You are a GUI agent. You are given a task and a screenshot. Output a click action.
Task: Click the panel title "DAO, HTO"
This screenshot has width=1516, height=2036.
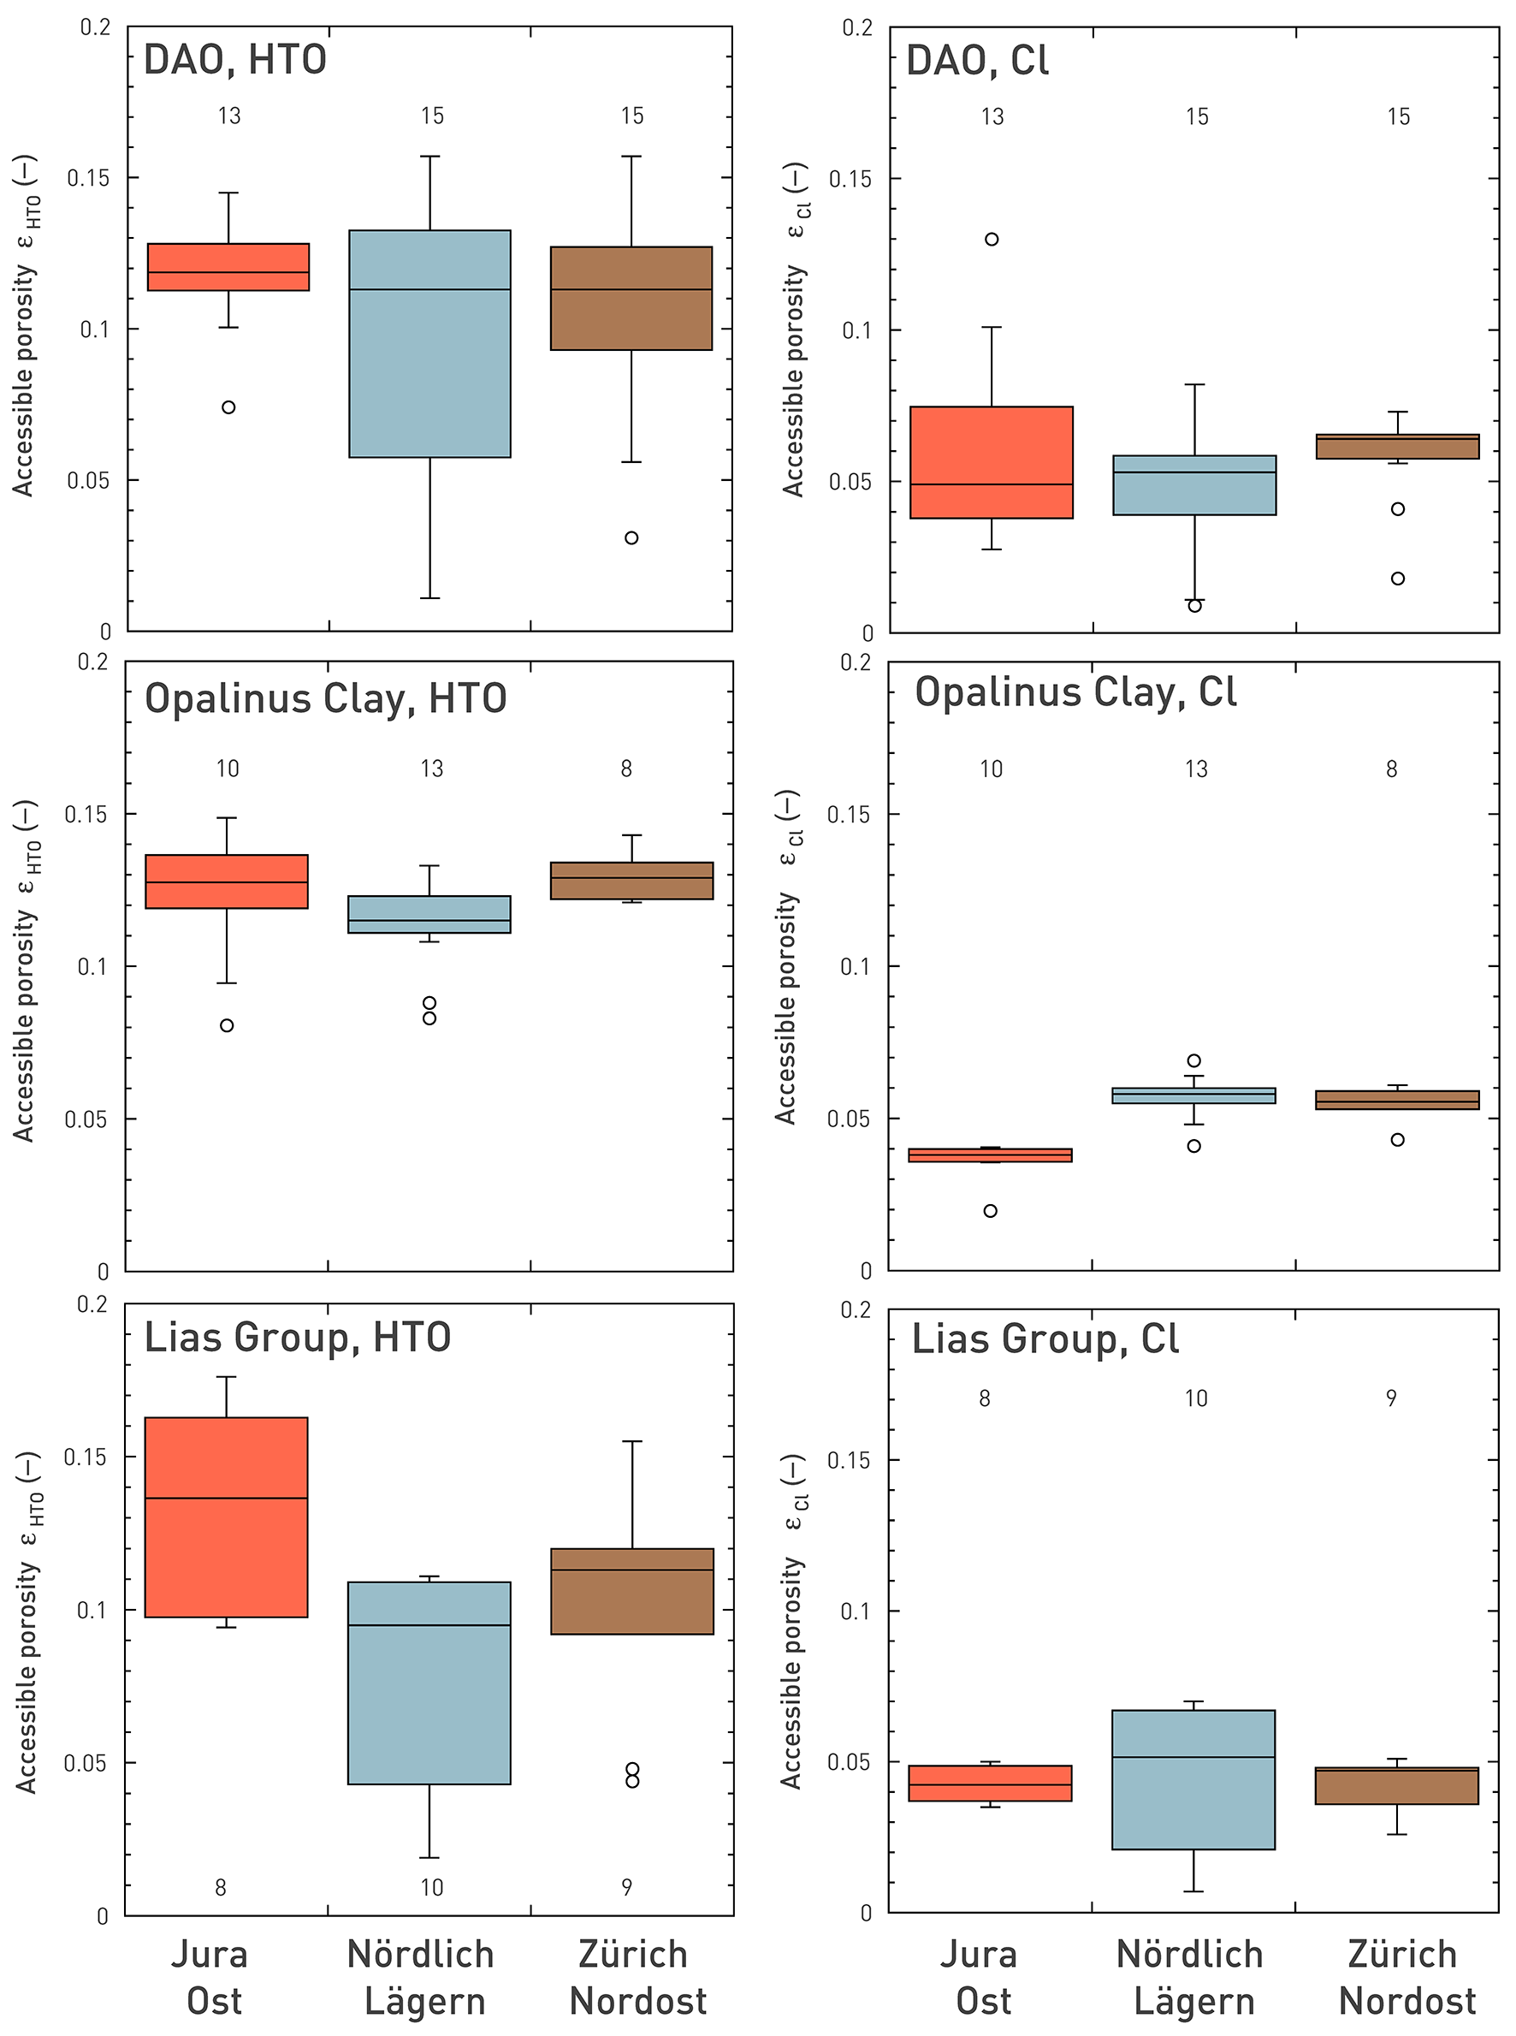point(235,60)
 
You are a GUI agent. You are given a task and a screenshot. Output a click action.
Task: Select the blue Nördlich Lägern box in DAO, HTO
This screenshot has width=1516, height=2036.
point(429,344)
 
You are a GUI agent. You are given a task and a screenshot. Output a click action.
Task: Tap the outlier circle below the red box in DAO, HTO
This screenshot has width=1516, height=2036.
point(228,407)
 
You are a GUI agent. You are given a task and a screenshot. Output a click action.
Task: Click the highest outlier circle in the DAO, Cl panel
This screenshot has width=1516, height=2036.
point(992,240)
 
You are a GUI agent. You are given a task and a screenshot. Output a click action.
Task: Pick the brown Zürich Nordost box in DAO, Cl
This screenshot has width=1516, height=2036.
point(1398,447)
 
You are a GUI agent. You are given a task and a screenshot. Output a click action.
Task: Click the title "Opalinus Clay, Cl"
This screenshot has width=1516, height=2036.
point(1075,692)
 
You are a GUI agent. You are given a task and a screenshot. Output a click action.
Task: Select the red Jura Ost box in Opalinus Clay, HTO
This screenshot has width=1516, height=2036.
point(227,881)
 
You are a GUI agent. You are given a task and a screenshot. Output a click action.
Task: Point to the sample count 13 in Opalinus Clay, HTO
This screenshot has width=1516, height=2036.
point(432,769)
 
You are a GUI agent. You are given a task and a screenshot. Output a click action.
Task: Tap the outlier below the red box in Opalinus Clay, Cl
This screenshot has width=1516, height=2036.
point(991,1211)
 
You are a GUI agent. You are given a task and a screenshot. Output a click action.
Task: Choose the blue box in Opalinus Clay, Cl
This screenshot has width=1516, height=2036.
point(1194,1095)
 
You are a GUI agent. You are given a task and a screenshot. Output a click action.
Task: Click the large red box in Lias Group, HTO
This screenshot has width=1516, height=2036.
point(227,1517)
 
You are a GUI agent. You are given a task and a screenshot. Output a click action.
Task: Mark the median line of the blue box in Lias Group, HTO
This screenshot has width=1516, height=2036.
point(429,1624)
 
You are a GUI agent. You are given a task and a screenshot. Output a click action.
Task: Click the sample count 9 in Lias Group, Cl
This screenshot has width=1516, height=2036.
point(1392,1398)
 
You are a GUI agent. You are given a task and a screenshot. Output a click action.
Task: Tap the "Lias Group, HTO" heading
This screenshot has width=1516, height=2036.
point(298,1338)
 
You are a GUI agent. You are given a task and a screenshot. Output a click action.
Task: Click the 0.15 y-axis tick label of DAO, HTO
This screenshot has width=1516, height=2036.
point(88,178)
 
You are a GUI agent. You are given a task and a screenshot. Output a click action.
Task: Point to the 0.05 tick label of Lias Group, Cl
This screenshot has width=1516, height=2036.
point(850,1761)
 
